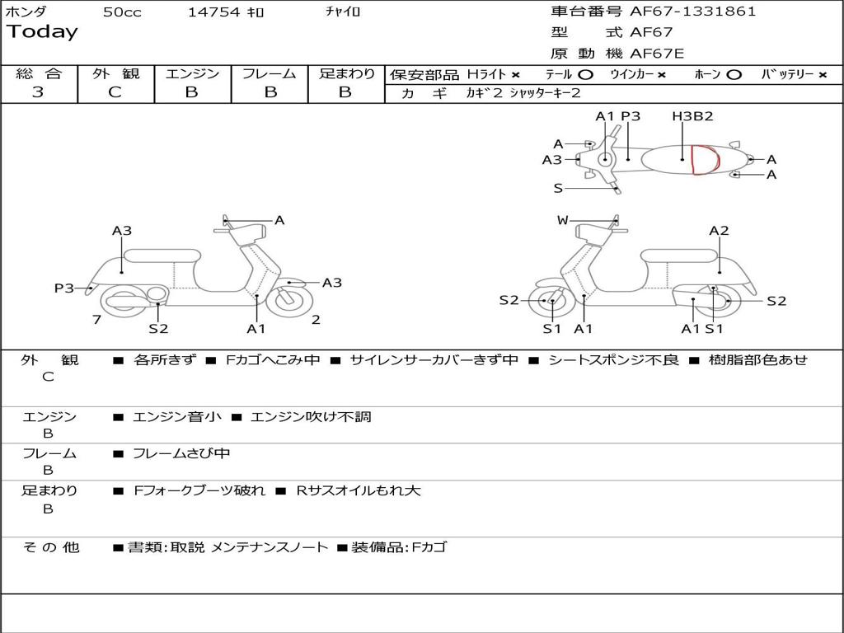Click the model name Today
[42, 32]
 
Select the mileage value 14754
[213, 12]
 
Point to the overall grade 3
[38, 92]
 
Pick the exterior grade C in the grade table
[115, 92]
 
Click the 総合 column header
[39, 74]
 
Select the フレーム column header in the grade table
[269, 74]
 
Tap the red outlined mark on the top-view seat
[704, 160]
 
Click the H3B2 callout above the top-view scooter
[692, 116]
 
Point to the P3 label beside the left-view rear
[64, 288]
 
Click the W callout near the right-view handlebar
[563, 220]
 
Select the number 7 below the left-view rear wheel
[96, 319]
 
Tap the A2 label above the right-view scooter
[720, 231]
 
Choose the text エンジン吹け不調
[311, 417]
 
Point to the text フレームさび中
[181, 453]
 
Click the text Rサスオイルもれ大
[358, 490]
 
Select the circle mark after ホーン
[734, 75]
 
